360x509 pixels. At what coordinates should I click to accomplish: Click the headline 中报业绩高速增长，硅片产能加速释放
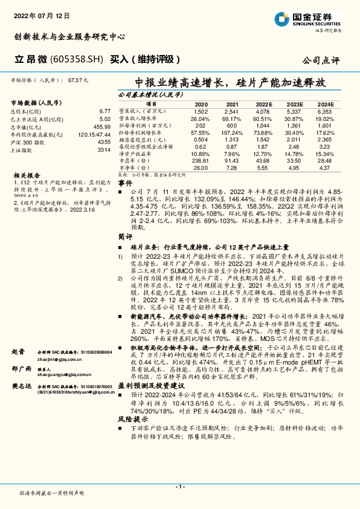click(231, 81)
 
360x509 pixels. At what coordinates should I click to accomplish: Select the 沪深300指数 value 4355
click(103, 141)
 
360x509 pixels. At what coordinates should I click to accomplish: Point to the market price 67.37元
click(79, 80)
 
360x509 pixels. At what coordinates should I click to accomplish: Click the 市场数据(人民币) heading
click(36, 103)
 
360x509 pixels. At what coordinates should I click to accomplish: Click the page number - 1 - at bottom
click(179, 487)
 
